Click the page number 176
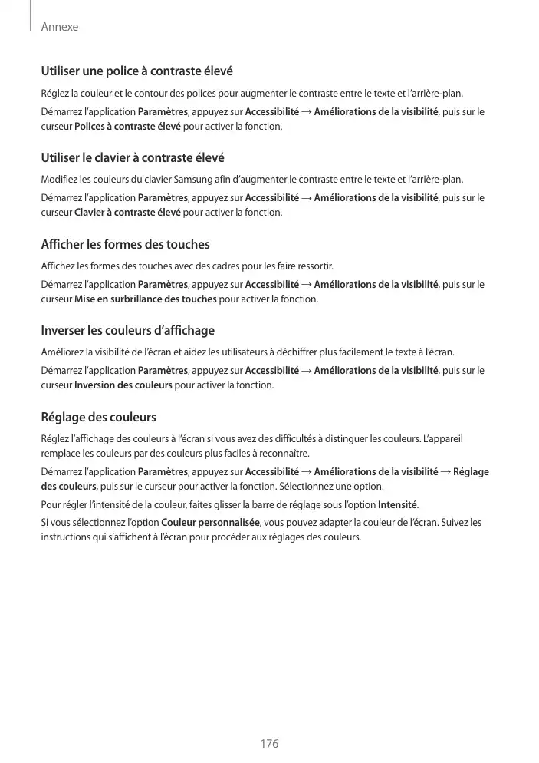[x=269, y=744]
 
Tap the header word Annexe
[x=60, y=27]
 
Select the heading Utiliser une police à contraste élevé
[x=136, y=71]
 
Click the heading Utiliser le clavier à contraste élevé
[x=132, y=158]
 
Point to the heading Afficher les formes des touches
[x=125, y=245]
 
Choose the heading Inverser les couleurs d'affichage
[x=127, y=331]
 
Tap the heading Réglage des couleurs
[x=98, y=418]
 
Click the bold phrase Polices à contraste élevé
[x=128, y=126]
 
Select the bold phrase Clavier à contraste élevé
[x=128, y=212]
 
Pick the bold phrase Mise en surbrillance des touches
[x=146, y=299]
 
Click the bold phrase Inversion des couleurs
[x=123, y=385]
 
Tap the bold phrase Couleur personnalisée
[x=212, y=523]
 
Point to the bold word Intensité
[x=398, y=504]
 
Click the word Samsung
[x=202, y=180]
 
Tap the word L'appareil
[x=443, y=439]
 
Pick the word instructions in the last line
[x=65, y=537]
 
